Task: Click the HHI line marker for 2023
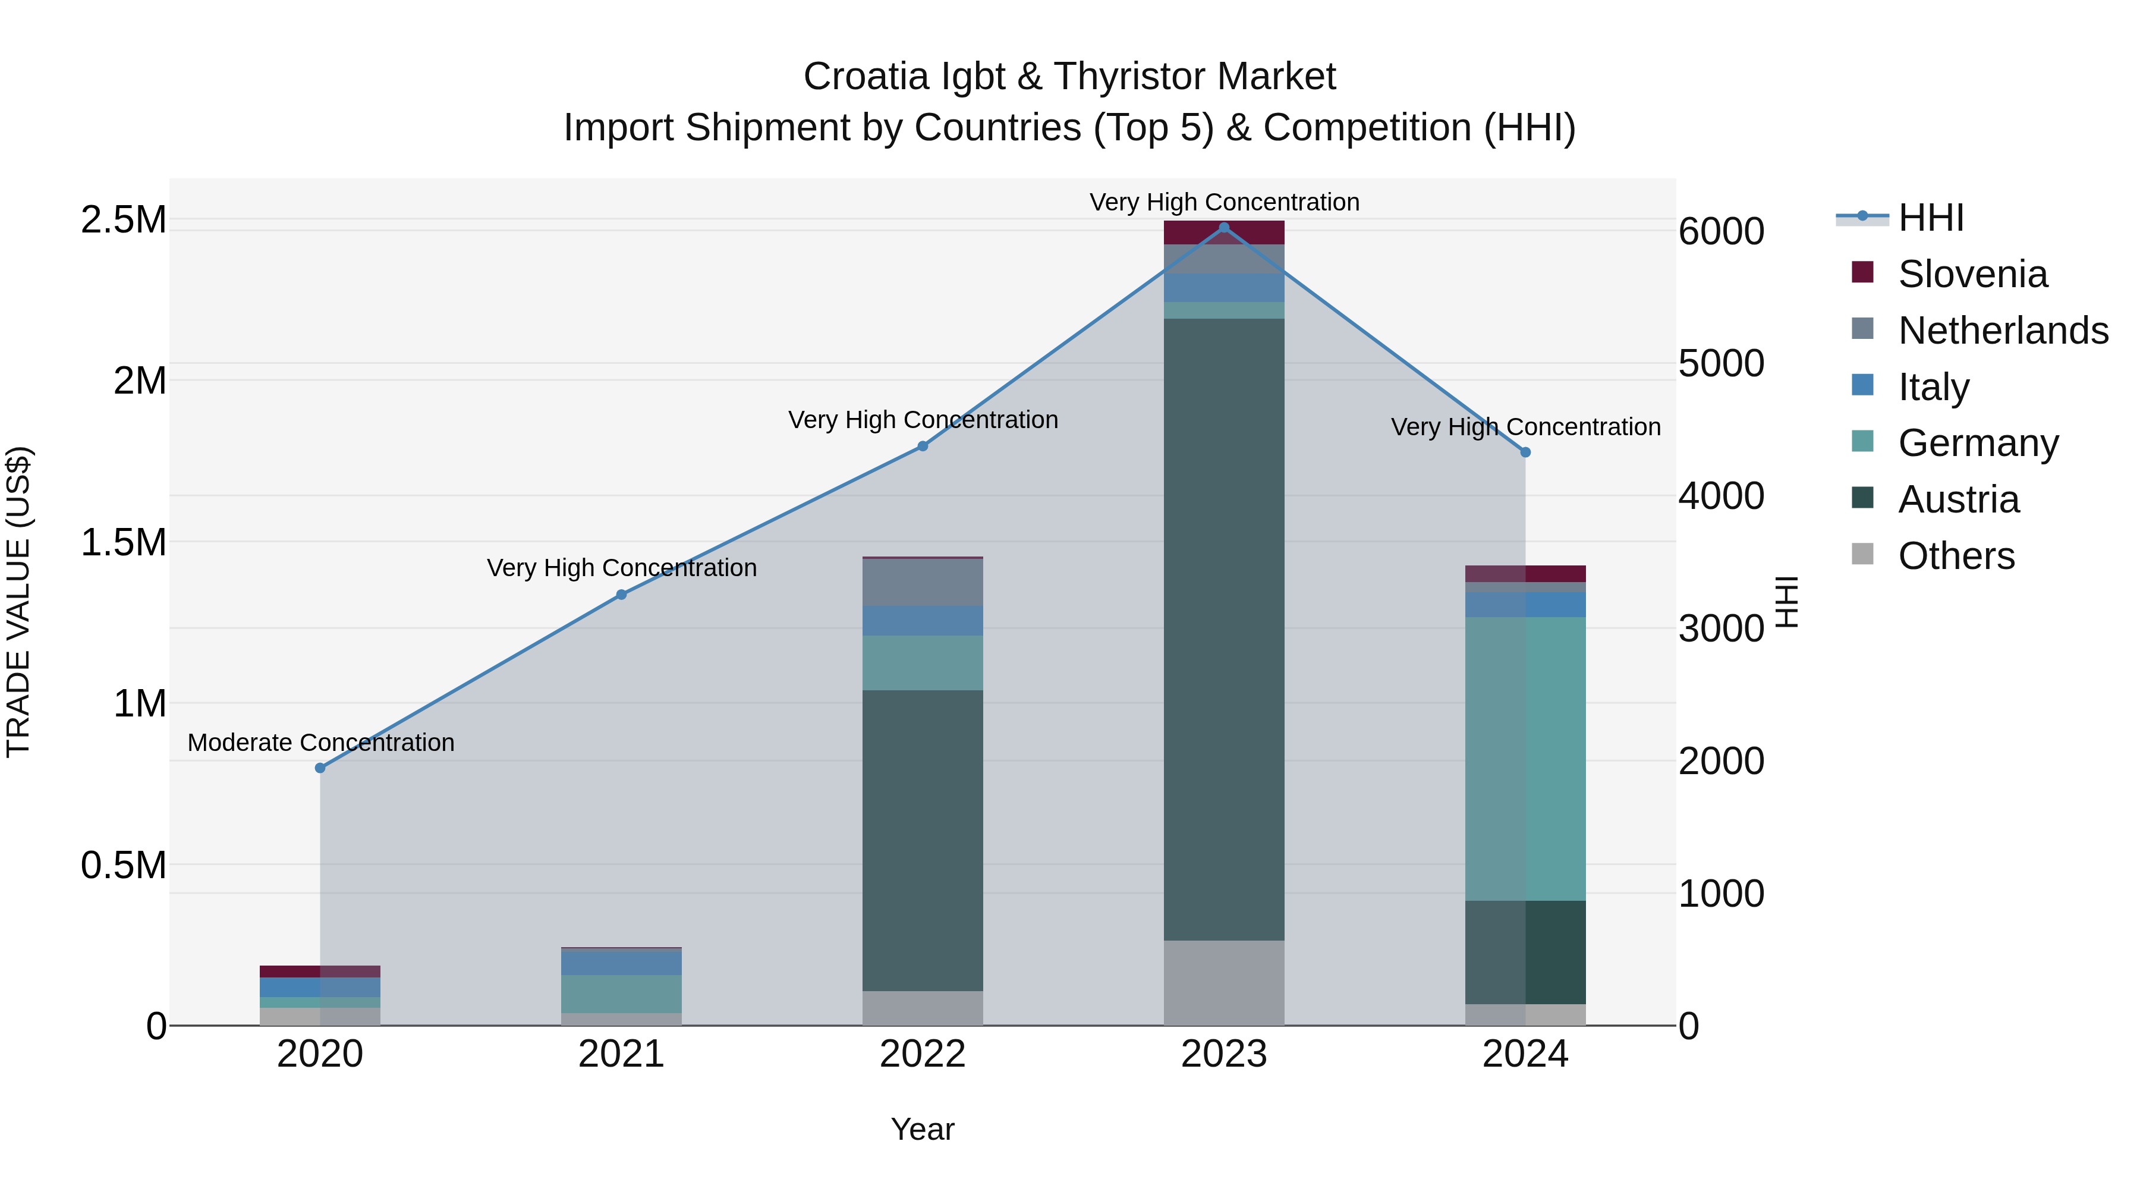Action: (x=1224, y=228)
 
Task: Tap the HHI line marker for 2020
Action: (x=320, y=768)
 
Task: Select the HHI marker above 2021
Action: (x=621, y=594)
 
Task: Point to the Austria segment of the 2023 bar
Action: (x=1224, y=629)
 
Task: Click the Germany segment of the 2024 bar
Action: (x=1525, y=759)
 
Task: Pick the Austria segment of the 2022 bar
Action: (x=922, y=840)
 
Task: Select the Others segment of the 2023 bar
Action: (x=1224, y=982)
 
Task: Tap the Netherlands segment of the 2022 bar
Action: (x=922, y=583)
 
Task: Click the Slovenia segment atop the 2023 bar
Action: (x=1224, y=232)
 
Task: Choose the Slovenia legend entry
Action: (x=1972, y=274)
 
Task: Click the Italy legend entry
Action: (x=1933, y=387)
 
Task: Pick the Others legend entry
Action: (x=1956, y=556)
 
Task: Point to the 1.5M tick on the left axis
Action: (x=124, y=543)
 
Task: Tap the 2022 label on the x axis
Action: (x=922, y=1054)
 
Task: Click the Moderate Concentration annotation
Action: (x=320, y=742)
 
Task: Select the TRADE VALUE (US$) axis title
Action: (x=18, y=602)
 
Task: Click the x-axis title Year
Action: (x=922, y=1129)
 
